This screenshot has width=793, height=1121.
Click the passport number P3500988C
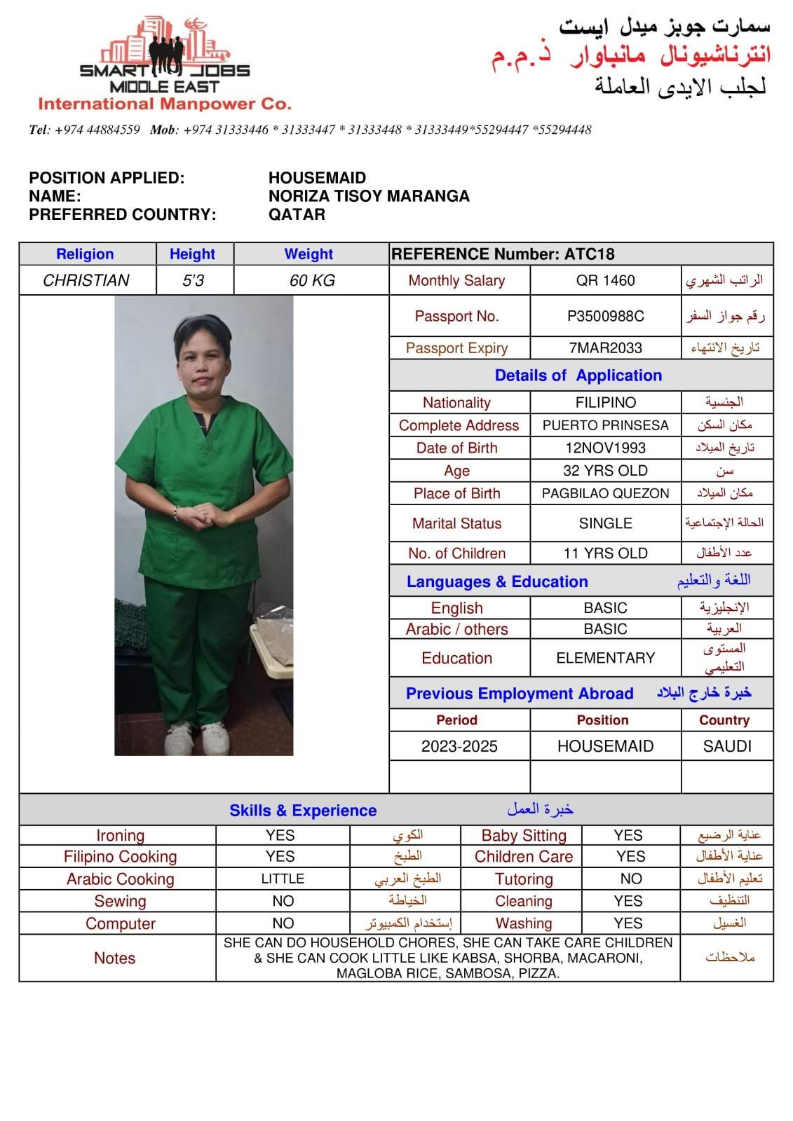(x=605, y=316)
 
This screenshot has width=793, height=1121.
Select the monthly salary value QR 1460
(x=605, y=280)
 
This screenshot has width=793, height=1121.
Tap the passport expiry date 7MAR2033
(x=605, y=348)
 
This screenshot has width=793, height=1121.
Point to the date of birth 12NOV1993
(x=605, y=448)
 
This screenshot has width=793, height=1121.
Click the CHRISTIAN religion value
(x=86, y=280)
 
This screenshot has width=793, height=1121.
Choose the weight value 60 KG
(x=312, y=280)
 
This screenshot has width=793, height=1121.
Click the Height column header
(x=192, y=254)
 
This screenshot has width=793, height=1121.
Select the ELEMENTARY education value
(x=605, y=658)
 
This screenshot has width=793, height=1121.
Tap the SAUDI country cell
(x=727, y=746)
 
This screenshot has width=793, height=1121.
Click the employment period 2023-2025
(x=459, y=746)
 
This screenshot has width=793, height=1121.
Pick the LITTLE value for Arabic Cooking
(x=283, y=879)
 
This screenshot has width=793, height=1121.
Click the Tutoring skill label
(x=524, y=879)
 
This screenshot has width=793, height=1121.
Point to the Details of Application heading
(x=578, y=376)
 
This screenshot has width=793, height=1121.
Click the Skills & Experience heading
(x=303, y=811)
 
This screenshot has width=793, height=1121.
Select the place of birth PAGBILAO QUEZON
(x=605, y=493)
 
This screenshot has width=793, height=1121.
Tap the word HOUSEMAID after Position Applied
(x=317, y=178)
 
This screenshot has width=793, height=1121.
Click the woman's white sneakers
(x=198, y=737)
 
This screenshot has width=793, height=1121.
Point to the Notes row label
(x=115, y=958)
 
